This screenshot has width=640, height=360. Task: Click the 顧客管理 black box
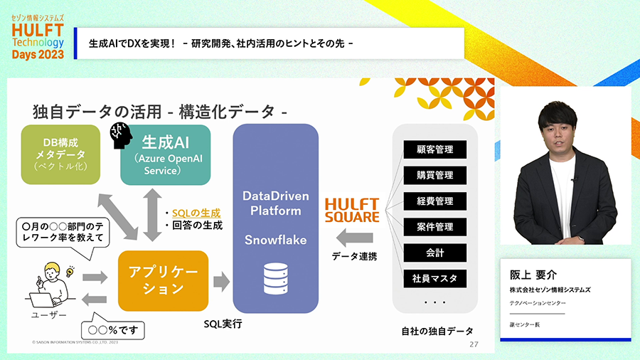click(x=435, y=149)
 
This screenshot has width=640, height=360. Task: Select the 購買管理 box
click(x=435, y=175)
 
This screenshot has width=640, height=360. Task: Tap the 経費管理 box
click(x=435, y=201)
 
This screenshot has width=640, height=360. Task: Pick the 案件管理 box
click(x=435, y=227)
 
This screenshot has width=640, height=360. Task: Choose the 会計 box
click(x=435, y=253)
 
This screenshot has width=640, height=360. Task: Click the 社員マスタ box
click(x=435, y=278)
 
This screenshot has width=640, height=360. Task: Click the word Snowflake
click(x=275, y=240)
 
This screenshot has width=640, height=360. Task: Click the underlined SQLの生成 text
click(x=196, y=213)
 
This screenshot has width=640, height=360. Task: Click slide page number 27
click(x=474, y=344)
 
